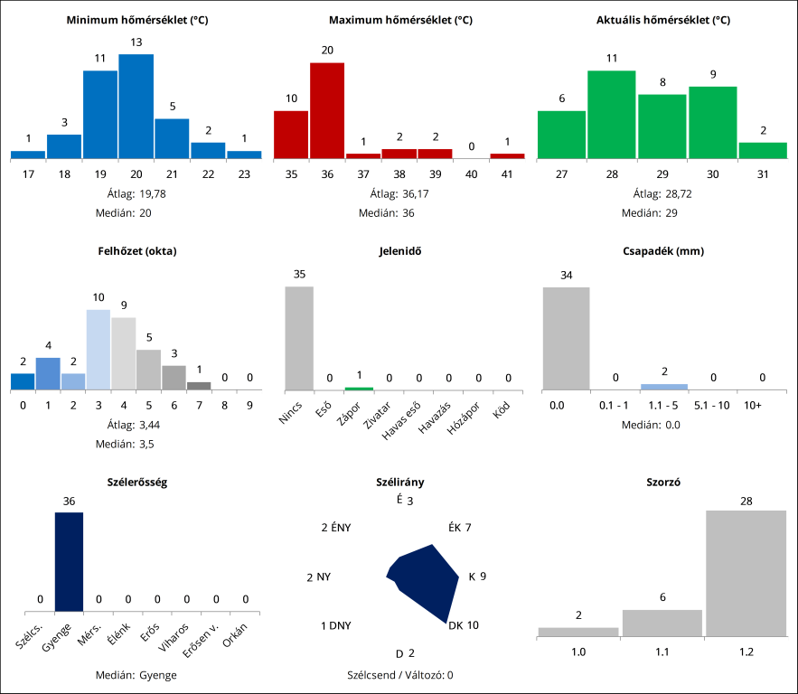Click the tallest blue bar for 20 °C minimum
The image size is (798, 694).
pos(136,107)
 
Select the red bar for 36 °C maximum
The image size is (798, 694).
pos(327,110)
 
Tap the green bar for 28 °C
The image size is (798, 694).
pos(611,115)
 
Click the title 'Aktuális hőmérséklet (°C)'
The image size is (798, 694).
pos(663,20)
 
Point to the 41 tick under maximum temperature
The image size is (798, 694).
pos(507,173)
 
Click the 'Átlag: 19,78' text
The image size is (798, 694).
pos(137,193)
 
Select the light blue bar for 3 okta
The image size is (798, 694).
pos(99,350)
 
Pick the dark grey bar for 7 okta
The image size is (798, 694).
pos(199,385)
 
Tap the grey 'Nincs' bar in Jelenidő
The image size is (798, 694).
pos(299,338)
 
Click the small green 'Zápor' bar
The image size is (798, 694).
pos(359,388)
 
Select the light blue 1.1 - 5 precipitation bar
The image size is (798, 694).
pos(664,387)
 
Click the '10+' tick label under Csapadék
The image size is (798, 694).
pos(752,407)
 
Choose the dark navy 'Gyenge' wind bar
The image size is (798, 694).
pos(69,561)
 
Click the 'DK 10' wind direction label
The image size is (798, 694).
pos(464,625)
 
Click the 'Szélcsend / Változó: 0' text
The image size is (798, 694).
pos(399,675)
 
